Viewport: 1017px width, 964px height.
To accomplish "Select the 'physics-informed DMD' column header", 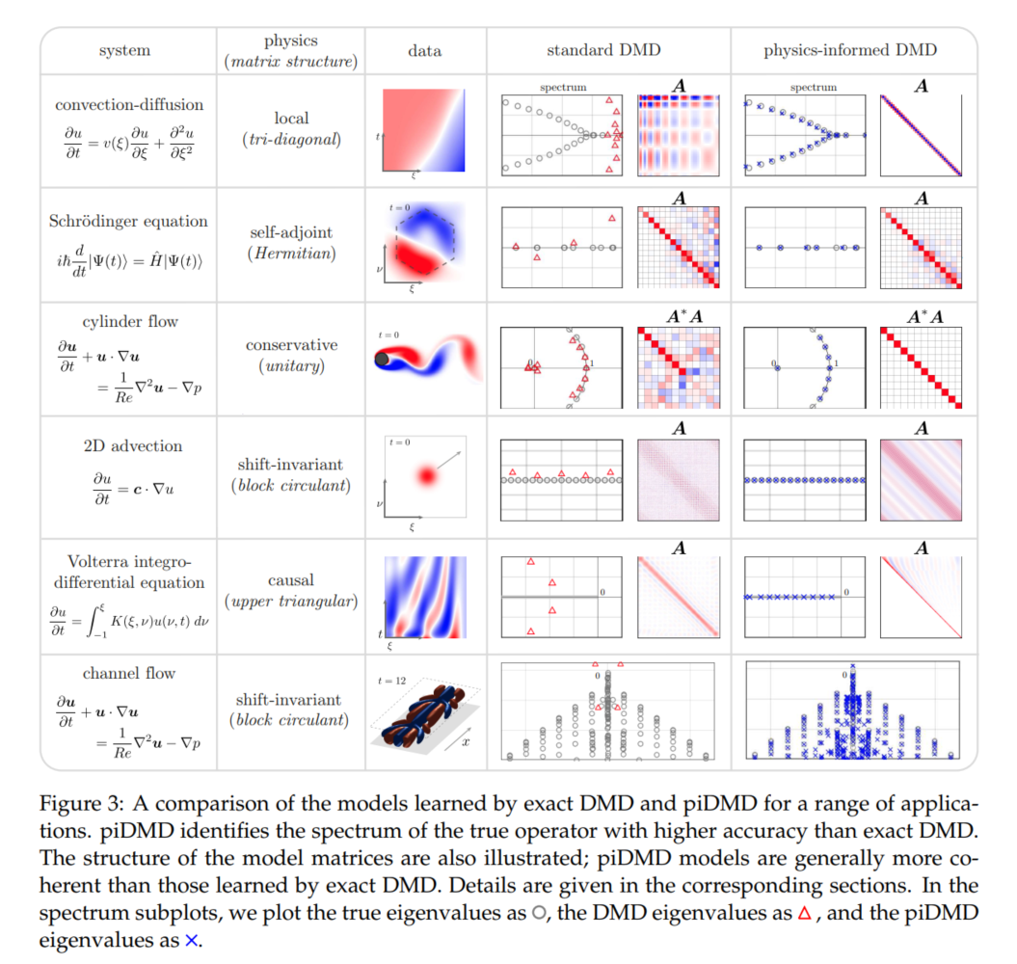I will point(850,50).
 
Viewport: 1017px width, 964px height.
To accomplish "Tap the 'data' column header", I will point(425,50).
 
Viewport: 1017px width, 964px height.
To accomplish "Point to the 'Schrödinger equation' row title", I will point(128,221).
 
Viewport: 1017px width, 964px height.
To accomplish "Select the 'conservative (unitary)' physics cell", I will point(291,356).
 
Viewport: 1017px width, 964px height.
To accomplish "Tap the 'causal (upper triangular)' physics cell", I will point(291,591).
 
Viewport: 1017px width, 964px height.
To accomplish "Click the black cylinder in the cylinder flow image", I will point(383,359).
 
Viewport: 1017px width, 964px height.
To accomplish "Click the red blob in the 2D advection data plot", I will point(424,475).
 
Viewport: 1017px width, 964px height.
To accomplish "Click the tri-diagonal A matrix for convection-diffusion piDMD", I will point(921,136).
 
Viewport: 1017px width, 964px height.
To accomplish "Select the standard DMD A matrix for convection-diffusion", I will point(679,136).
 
